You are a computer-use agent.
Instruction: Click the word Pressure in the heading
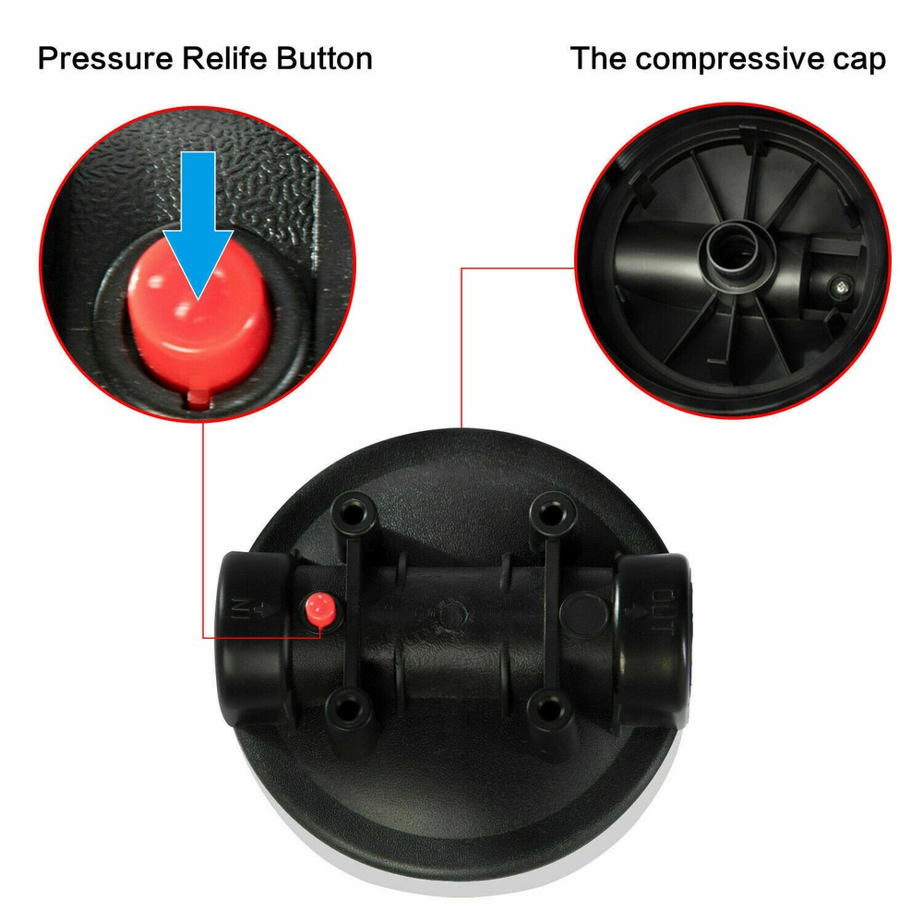pyautogui.click(x=105, y=59)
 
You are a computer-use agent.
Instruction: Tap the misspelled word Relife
pyautogui.click(x=224, y=58)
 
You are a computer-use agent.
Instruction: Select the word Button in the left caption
pyautogui.click(x=324, y=58)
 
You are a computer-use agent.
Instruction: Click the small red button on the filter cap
pyautogui.click(x=320, y=609)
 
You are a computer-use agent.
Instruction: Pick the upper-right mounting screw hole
pyautogui.click(x=551, y=513)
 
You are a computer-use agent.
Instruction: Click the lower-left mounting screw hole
pyautogui.click(x=349, y=709)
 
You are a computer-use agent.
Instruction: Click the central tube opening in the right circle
pyautogui.click(x=734, y=250)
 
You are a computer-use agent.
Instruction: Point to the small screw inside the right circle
pyautogui.click(x=840, y=286)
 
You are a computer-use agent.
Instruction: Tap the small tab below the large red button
pyautogui.click(x=198, y=399)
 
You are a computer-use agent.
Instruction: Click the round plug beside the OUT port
pyautogui.click(x=583, y=612)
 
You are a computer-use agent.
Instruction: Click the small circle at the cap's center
pyautogui.click(x=452, y=614)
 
